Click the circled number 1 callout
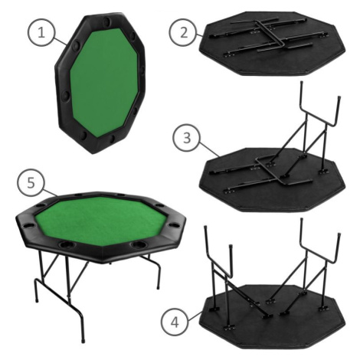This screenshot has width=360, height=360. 41,33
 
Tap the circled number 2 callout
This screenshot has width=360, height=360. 184,33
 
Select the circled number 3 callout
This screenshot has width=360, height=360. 187,139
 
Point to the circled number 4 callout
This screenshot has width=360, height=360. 175,322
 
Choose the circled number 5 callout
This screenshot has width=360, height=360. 31,183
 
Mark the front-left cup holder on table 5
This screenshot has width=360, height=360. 67,244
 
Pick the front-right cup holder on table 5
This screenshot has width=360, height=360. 139,244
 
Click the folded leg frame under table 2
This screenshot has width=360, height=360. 268,35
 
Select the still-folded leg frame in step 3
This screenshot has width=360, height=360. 260,174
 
